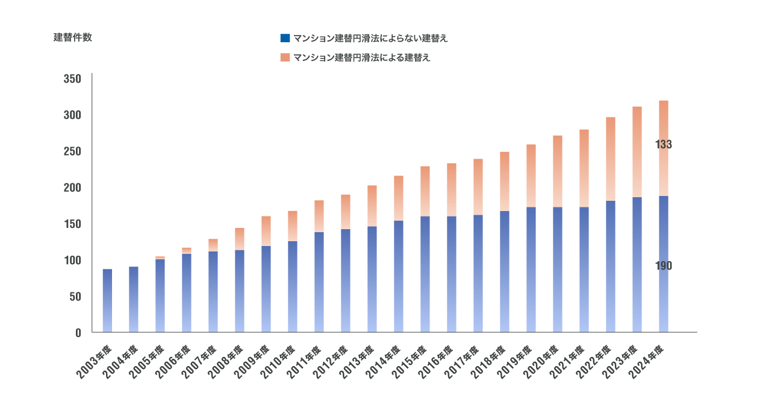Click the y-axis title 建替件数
pos(73,37)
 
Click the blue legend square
pos(285,38)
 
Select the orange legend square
pos(285,58)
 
